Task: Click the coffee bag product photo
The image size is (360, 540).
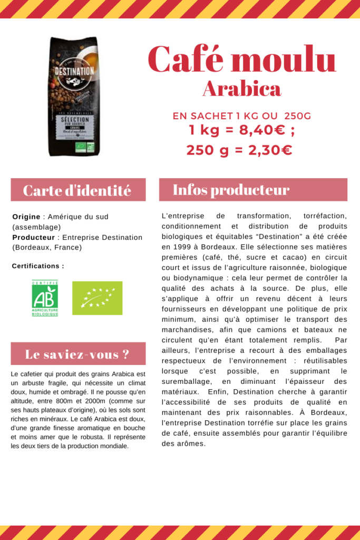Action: (74, 97)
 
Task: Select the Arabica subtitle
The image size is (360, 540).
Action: (241, 89)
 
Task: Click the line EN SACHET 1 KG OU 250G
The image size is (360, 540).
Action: (241, 115)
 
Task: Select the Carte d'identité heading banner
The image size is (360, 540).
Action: (77, 190)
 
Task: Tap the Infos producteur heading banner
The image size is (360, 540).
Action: (253, 190)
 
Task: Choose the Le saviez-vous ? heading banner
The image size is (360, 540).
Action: (77, 354)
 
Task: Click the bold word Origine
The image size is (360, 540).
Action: (26, 217)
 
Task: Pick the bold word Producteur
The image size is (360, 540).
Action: (33, 237)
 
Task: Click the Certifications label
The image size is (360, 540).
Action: (38, 266)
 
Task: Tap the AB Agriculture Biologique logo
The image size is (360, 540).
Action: (45, 298)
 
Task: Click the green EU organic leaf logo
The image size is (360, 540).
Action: (97, 298)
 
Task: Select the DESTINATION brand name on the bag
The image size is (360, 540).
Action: (74, 71)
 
